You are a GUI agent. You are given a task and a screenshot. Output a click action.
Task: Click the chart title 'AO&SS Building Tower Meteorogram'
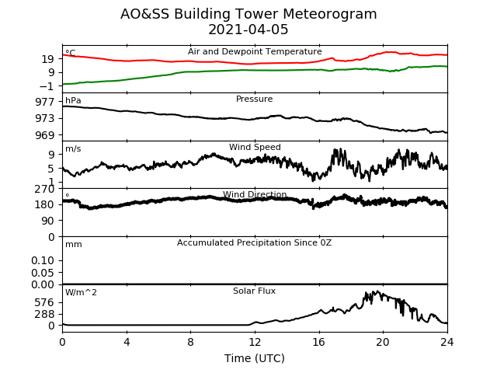248,14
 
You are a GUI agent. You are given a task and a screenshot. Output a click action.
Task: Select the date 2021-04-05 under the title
248,30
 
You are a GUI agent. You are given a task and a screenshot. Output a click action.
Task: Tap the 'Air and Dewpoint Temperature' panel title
255,51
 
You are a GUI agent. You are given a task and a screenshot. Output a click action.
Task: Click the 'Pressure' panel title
254,99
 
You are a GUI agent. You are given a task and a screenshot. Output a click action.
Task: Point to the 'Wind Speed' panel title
255,147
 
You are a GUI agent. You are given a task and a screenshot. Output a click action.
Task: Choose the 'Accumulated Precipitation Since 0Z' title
254,243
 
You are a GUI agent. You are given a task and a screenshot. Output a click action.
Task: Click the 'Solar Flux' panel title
254,291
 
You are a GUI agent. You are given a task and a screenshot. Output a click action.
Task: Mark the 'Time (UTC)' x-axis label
255,358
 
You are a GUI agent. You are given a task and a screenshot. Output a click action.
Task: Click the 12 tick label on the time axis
255,342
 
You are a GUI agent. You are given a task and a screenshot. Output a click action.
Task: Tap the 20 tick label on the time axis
383,342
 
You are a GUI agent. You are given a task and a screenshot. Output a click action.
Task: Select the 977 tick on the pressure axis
45,102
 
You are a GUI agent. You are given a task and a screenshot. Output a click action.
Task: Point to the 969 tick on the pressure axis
45,135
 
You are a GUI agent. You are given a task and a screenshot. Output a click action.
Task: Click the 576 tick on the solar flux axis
45,302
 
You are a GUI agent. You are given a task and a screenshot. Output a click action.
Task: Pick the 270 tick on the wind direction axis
45,190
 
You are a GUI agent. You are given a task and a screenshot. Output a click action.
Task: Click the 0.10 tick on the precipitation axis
43,261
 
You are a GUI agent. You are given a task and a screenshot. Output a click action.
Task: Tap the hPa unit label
73,100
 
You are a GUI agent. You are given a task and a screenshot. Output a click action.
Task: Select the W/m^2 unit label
81,292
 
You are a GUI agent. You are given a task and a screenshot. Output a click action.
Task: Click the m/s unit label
73,148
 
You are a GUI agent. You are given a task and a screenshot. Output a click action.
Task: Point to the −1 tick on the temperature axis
47,86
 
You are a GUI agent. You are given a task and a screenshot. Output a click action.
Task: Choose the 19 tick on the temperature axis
48,59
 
